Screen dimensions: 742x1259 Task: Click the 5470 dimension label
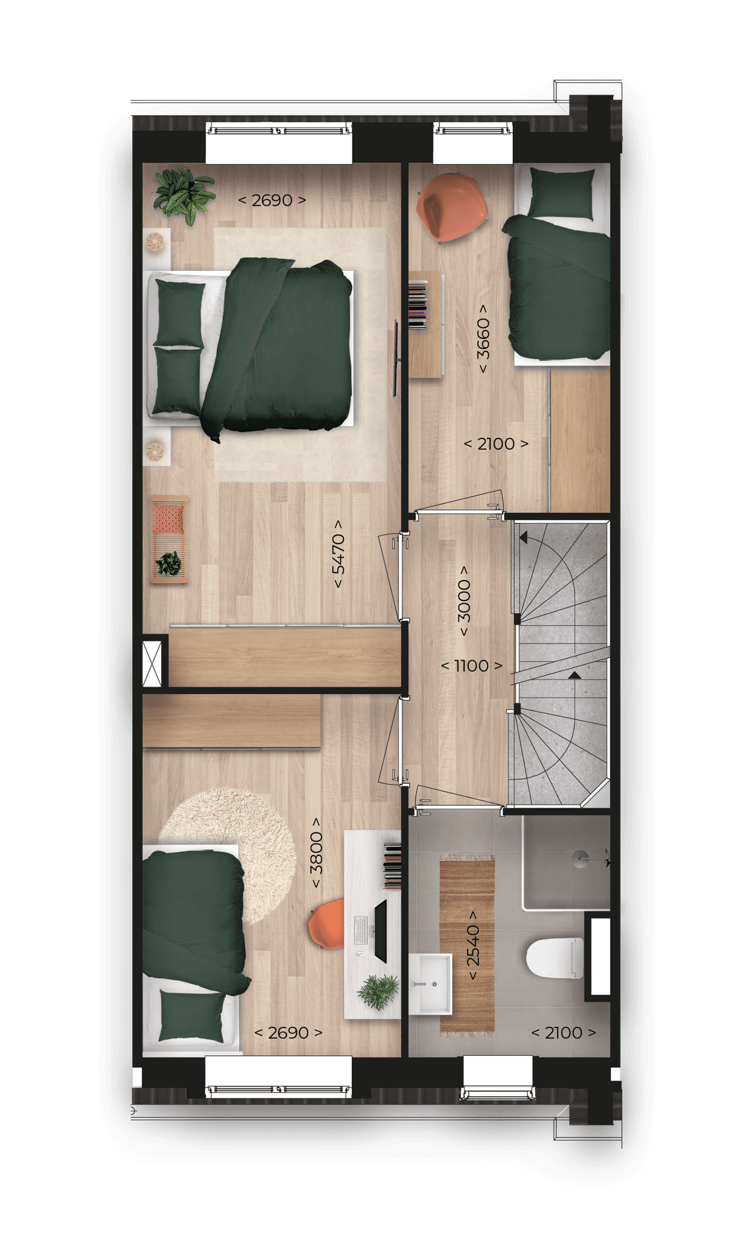(338, 553)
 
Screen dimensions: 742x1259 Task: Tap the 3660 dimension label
(483, 338)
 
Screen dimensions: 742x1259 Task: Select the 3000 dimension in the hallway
(464, 600)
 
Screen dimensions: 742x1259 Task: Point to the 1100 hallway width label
(472, 665)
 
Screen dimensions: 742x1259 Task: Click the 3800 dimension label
(316, 852)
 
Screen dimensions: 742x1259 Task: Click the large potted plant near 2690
(184, 195)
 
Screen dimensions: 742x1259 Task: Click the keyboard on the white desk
(360, 930)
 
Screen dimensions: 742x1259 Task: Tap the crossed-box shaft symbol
(152, 663)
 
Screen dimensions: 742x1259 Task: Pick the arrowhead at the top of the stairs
(524, 538)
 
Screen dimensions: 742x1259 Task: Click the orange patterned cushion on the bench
(169, 518)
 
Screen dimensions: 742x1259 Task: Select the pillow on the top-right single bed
(562, 194)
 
